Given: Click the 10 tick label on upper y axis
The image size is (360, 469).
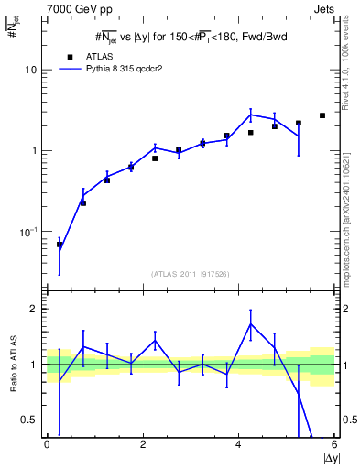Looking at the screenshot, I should click(x=31, y=71).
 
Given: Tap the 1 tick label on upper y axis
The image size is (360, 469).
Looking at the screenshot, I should click(x=34, y=151).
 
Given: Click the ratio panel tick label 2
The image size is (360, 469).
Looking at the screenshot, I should click(x=34, y=309).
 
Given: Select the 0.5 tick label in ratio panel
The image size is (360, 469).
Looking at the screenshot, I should click(x=30, y=420).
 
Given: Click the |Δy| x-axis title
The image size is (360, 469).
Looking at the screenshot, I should click(x=330, y=458).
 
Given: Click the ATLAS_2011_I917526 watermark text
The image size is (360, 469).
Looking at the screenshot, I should click(x=190, y=274).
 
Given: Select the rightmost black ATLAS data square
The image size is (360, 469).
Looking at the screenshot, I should click(x=322, y=115).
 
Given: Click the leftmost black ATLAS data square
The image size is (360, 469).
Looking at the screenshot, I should click(x=60, y=245).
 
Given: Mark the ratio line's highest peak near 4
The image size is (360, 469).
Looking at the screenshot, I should click(x=251, y=323).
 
